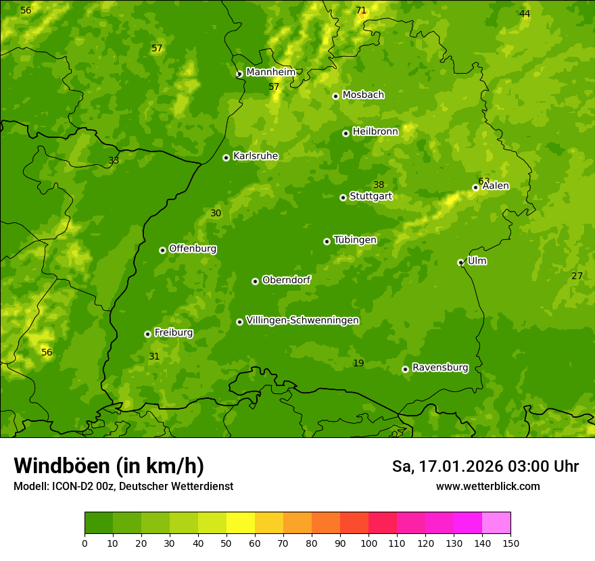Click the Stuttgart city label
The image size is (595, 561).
click(371, 197)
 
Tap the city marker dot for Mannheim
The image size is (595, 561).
click(239, 74)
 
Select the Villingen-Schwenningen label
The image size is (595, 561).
click(302, 320)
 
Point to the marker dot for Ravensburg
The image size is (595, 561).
click(405, 369)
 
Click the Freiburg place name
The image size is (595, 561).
click(173, 333)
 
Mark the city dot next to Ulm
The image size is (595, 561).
click(460, 262)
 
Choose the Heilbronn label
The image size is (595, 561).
click(375, 132)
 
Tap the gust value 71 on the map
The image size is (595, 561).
click(361, 10)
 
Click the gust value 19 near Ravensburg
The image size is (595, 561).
click(358, 364)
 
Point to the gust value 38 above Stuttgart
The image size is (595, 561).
click(379, 185)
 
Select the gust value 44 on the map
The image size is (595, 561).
click(525, 14)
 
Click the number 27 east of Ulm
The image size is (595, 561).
click(577, 276)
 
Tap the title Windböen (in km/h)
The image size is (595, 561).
click(109, 466)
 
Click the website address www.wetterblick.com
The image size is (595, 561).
click(487, 486)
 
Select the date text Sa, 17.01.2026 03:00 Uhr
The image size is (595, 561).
click(485, 466)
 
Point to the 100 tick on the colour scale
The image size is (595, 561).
click(368, 543)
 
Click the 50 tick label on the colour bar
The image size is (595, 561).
click(227, 543)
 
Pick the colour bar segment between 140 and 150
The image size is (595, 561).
click(496, 522)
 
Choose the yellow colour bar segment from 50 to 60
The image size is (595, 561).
click(241, 522)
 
